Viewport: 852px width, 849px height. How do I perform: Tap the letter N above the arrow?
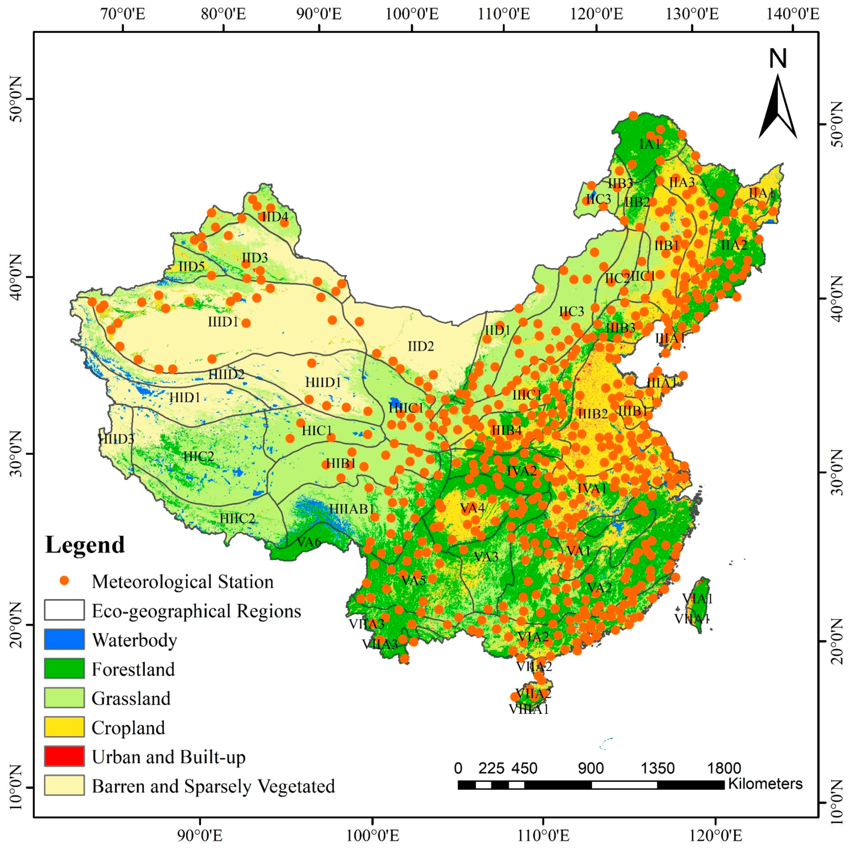(778, 59)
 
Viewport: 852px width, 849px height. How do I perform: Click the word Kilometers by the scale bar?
(765, 784)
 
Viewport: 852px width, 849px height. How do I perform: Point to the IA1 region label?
(650, 144)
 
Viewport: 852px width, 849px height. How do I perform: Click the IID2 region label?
(420, 346)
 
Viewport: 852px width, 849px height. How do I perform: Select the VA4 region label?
(472, 508)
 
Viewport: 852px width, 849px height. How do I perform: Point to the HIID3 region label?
(116, 439)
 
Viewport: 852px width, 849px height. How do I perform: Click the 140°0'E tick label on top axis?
(792, 14)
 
